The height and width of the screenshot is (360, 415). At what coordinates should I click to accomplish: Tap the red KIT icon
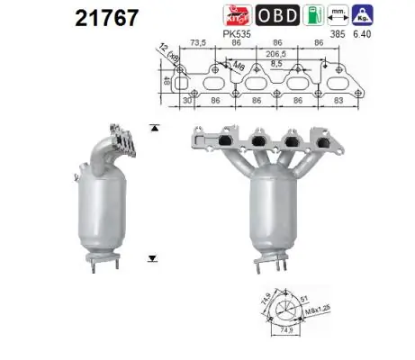[257, 15]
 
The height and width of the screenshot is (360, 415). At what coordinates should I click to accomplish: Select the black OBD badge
[295, 15]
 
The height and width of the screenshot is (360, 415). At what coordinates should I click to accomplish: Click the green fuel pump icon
[337, 15]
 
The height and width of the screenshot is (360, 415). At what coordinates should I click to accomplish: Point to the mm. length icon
[364, 14]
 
